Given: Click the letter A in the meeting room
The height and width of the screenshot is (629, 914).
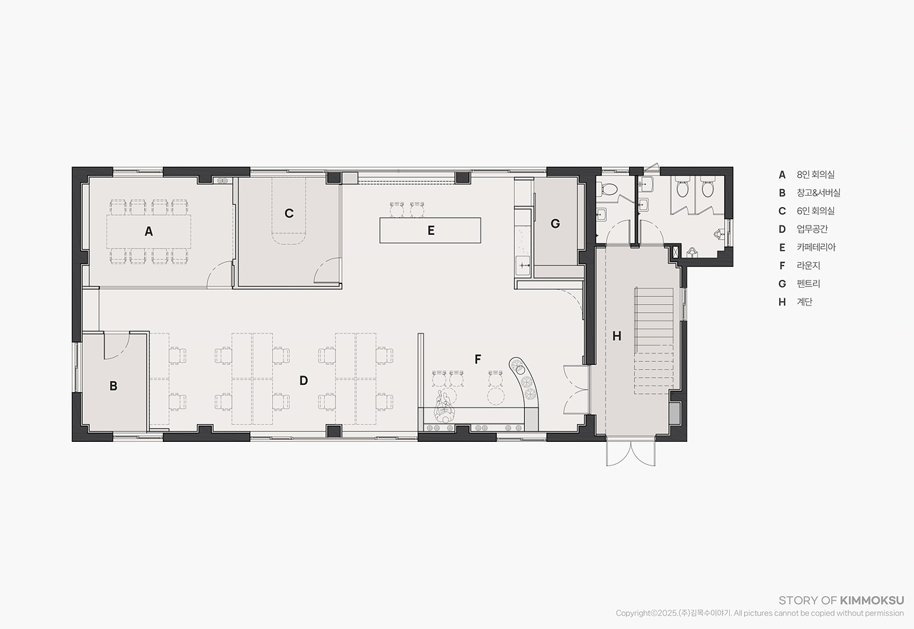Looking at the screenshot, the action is click(x=149, y=232).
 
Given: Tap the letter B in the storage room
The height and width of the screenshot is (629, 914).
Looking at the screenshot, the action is click(x=114, y=386).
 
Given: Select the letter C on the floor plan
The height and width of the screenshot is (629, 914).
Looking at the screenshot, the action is click(x=289, y=213).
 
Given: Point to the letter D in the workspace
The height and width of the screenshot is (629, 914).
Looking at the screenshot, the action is click(x=303, y=381).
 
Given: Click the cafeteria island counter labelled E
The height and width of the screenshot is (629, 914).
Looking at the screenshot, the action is click(x=430, y=231).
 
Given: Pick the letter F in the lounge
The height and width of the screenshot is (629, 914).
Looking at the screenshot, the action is click(x=478, y=359).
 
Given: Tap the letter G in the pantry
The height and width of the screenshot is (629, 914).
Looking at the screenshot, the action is click(x=555, y=223).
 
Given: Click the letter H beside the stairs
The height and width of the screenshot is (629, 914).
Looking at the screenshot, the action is click(x=617, y=336).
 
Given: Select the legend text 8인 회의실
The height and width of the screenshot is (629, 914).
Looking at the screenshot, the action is click(x=815, y=175).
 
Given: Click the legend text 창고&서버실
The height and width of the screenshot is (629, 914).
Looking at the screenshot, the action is click(x=818, y=193).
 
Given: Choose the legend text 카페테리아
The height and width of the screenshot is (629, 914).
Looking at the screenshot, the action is click(x=816, y=247).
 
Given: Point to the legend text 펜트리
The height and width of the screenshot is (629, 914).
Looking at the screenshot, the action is click(x=808, y=283).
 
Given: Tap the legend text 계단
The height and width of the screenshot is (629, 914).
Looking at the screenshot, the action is click(x=805, y=302).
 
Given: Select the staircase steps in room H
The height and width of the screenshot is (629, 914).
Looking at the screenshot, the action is click(x=653, y=341).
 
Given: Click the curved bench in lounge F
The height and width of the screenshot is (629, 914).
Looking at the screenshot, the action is click(x=526, y=388).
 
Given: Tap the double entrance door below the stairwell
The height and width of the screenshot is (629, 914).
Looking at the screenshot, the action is click(x=631, y=453).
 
